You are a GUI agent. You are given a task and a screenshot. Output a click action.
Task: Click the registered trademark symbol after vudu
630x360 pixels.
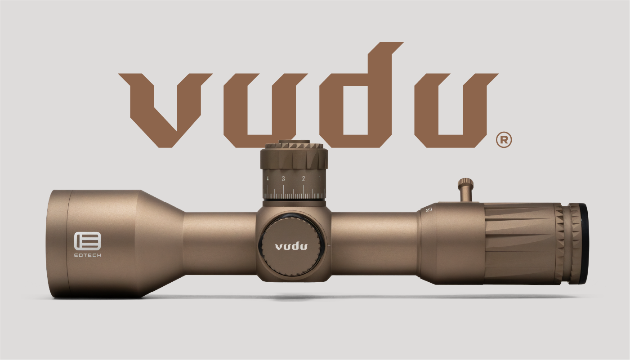pyautogui.click(x=504, y=140)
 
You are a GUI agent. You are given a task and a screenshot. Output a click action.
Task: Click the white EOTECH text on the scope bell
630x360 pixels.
pyautogui.click(x=88, y=255)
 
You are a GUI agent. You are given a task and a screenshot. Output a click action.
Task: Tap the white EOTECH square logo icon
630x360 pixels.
pyautogui.click(x=88, y=241)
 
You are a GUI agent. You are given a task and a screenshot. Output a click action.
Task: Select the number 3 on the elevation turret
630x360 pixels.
pyautogui.click(x=283, y=179)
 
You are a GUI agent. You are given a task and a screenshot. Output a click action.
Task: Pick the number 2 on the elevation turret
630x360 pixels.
pyautogui.click(x=304, y=179)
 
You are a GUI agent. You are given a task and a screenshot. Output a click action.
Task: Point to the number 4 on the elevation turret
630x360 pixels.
pyautogui.click(x=268, y=179)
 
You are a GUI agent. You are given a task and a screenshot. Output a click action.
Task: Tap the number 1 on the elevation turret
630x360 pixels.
pyautogui.click(x=320, y=179)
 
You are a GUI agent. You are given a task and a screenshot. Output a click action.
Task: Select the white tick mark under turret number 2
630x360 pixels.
pyautogui.click(x=304, y=192)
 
